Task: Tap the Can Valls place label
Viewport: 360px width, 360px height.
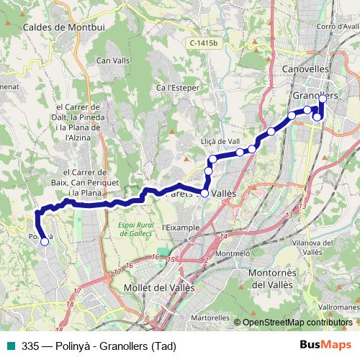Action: click(x=112, y=60)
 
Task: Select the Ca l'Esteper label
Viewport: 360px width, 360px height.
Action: click(x=177, y=88)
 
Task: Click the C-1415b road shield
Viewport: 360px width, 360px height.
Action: click(x=204, y=44)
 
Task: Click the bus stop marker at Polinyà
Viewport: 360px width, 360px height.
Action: click(x=44, y=242)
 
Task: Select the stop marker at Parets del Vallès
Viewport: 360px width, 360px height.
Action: click(x=204, y=193)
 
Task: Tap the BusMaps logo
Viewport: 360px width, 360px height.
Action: click(x=325, y=346)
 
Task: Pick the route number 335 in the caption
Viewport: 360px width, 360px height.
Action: click(x=30, y=346)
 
